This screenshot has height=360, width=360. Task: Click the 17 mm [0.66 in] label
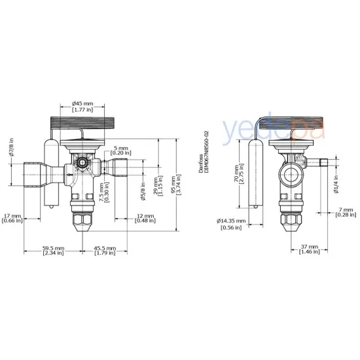(13, 218)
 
